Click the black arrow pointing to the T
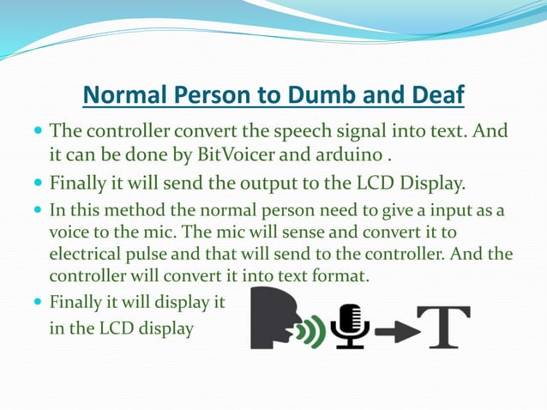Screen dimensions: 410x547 pos(394,328)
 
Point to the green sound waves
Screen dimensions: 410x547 pos(316,328)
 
